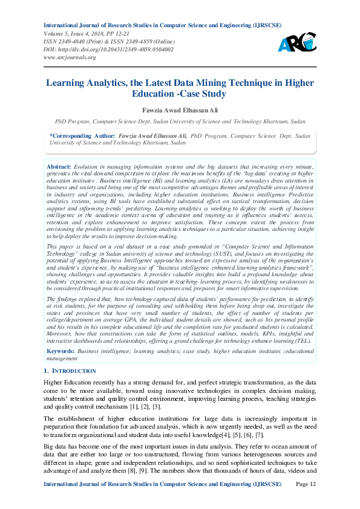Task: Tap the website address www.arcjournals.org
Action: (70, 57)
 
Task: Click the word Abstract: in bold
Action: (59, 166)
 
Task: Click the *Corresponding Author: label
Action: (82, 137)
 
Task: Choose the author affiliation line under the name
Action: (180, 122)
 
